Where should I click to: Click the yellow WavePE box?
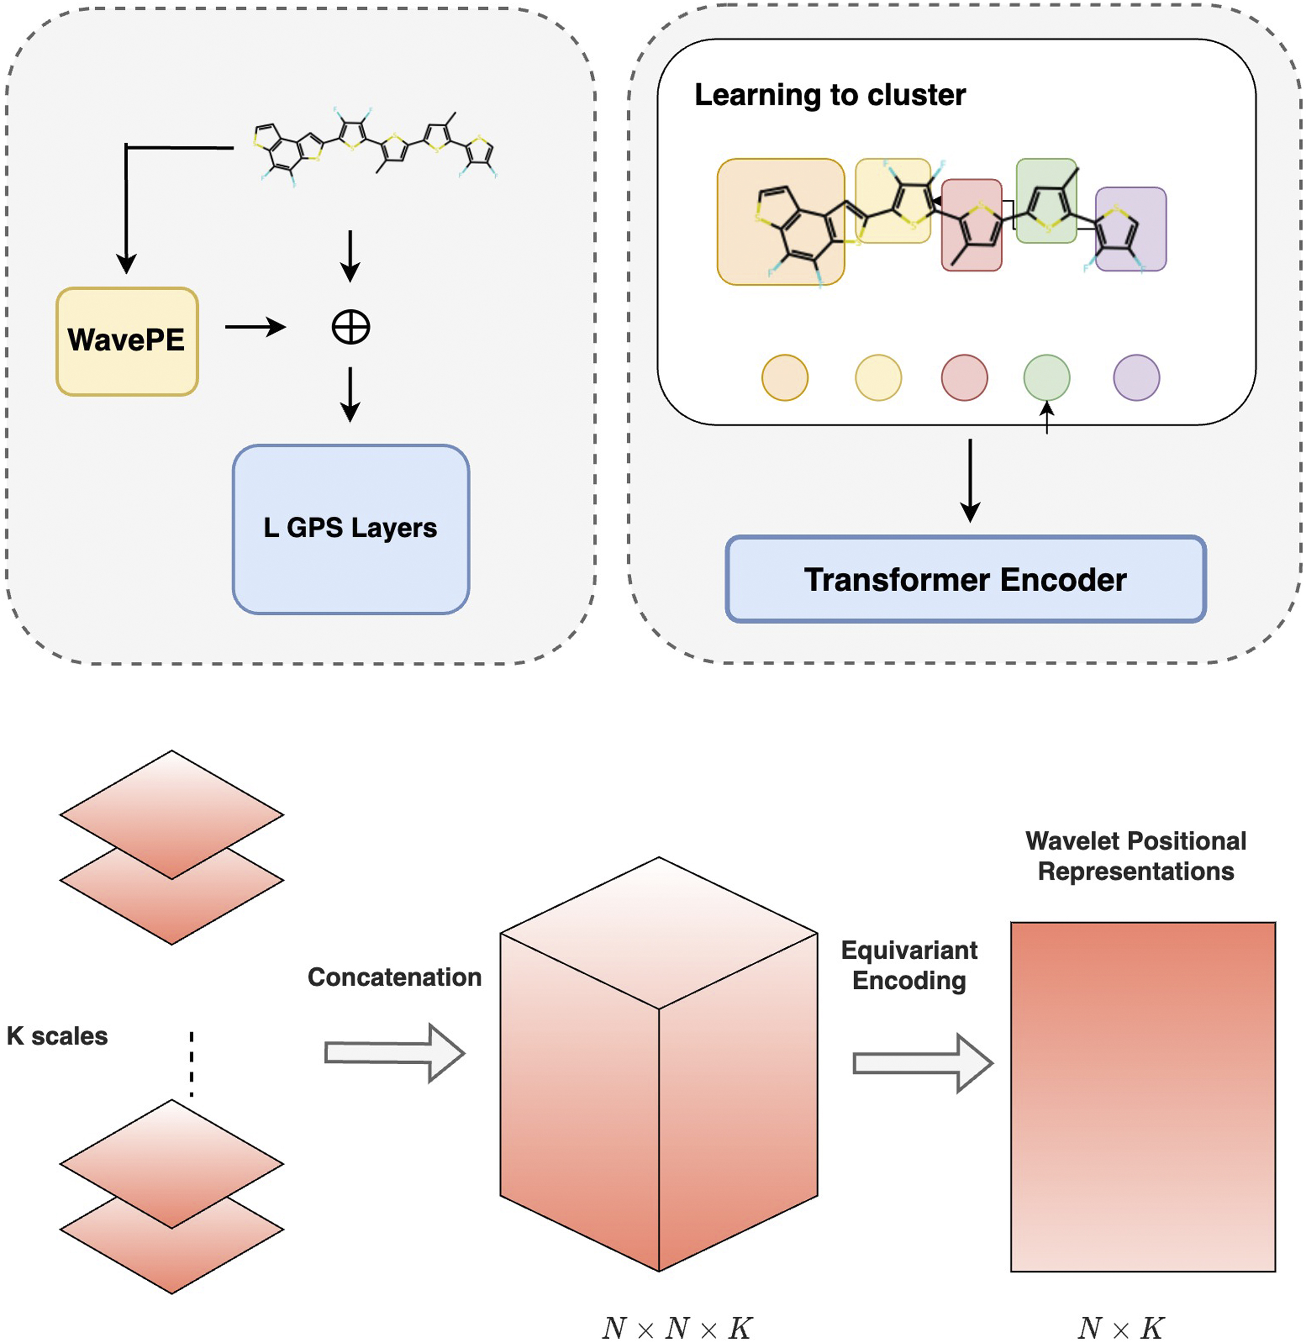click(x=127, y=341)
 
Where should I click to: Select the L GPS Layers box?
click(x=351, y=528)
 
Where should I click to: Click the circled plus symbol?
click(x=351, y=327)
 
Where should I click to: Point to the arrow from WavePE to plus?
click(x=255, y=327)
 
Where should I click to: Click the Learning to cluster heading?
click(x=829, y=94)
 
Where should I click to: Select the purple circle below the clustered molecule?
click(x=1136, y=377)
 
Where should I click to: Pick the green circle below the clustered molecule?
click(x=1046, y=377)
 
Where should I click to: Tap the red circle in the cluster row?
click(x=964, y=377)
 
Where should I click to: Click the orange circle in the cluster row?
click(x=785, y=377)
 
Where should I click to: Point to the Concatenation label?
click(x=394, y=977)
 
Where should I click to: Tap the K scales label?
click(x=58, y=1036)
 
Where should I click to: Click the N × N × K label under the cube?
click(x=677, y=1328)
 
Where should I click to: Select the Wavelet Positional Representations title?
click(x=1135, y=856)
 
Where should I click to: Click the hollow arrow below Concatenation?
click(x=394, y=1053)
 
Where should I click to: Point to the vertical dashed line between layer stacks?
click(x=191, y=1063)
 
